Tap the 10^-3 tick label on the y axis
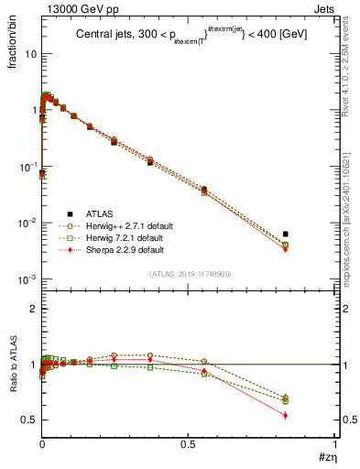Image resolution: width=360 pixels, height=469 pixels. click(x=27, y=279)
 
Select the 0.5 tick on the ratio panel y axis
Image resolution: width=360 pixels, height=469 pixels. click(x=30, y=420)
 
